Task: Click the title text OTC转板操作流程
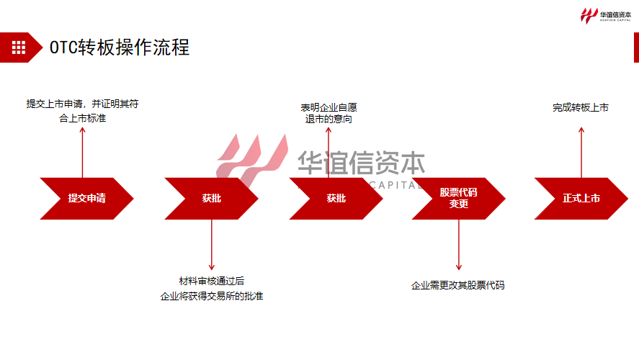120,48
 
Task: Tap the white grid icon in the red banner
19,48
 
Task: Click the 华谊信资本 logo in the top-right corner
606,14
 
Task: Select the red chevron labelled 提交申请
86,198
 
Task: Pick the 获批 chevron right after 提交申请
211,198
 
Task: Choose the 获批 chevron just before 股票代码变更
336,198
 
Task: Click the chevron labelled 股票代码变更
458,198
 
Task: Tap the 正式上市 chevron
581,198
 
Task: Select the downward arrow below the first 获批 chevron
212,245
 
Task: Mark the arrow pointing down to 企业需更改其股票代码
458,245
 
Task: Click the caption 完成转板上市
581,107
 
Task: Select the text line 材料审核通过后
212,281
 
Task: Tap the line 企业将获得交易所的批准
212,296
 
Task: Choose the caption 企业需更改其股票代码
458,285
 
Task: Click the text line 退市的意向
329,120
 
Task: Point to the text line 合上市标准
82,117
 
